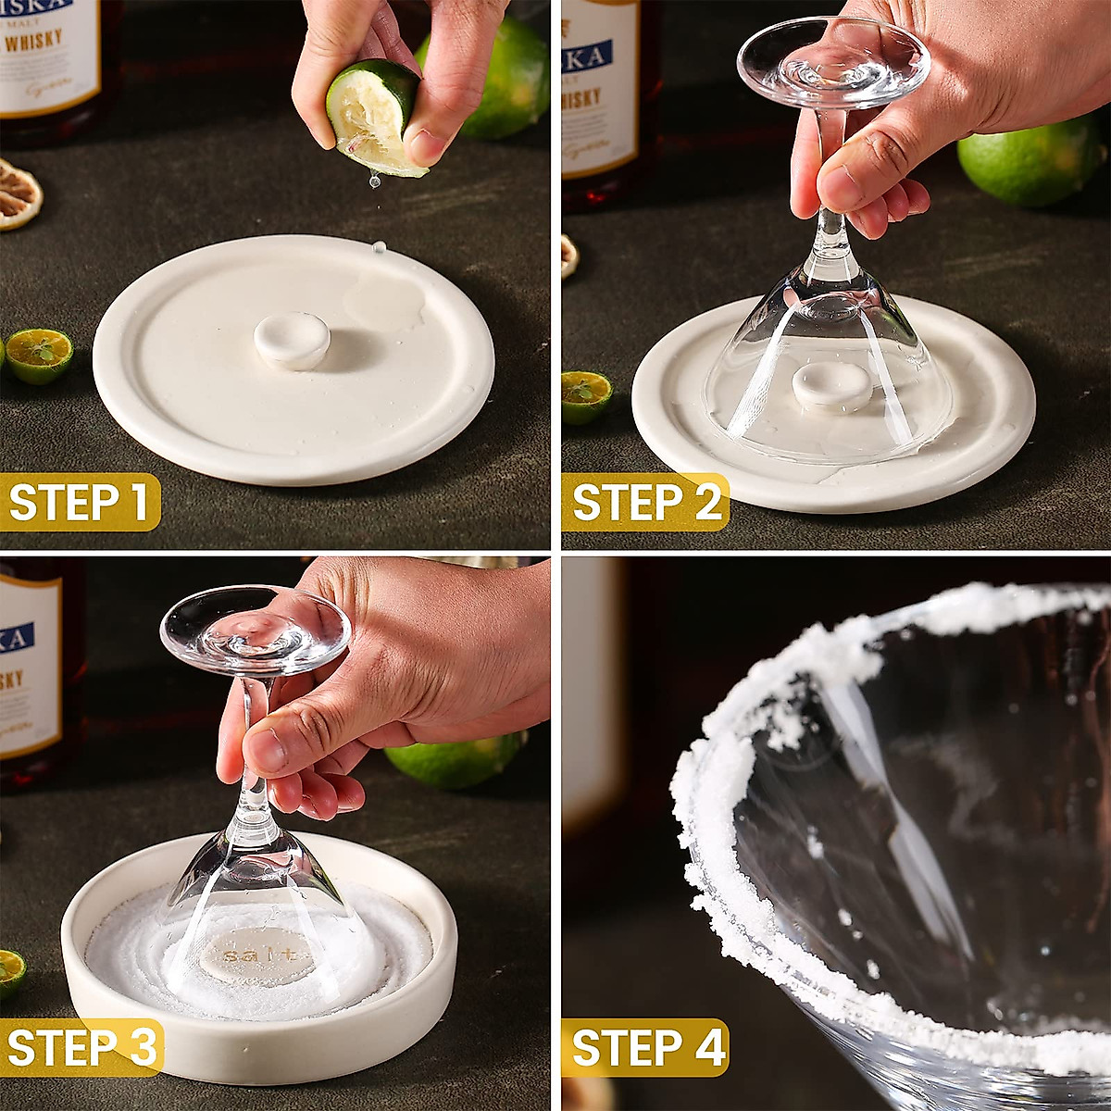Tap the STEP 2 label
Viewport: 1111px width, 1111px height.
[645, 502]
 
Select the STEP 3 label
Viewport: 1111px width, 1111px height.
[81, 1047]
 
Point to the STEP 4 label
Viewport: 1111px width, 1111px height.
[645, 1047]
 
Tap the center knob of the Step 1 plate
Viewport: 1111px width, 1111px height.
[293, 339]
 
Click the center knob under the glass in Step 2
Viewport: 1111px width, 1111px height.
[831, 384]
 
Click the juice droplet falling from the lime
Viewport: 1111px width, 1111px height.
[375, 181]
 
